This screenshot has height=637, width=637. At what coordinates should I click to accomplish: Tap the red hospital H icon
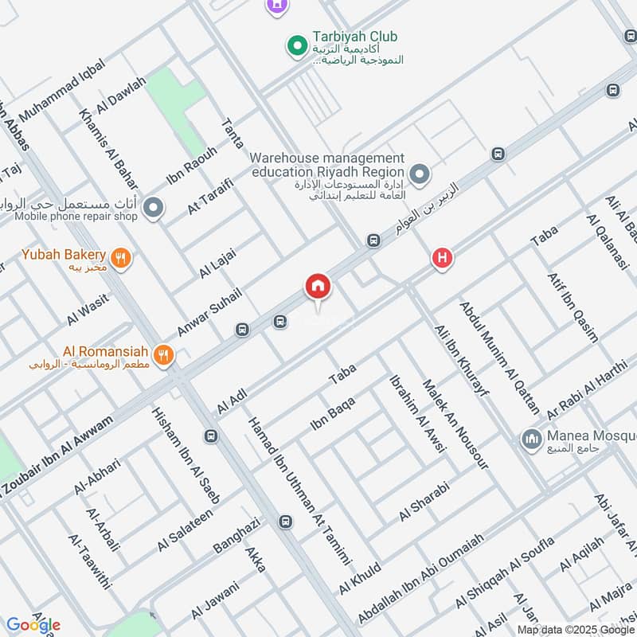click(442, 258)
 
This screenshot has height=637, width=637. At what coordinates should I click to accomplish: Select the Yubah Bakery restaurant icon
click(121, 256)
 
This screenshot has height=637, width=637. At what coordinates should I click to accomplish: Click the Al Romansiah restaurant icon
click(163, 354)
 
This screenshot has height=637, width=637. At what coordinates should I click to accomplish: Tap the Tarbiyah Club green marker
click(297, 46)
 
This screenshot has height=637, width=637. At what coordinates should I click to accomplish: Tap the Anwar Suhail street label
click(209, 311)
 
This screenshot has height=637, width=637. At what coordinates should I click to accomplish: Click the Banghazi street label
click(236, 535)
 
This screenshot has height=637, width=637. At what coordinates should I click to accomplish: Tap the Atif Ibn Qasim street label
click(573, 307)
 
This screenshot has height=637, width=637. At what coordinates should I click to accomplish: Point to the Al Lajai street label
click(217, 262)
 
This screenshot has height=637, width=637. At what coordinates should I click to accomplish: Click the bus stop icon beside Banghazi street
click(285, 522)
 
